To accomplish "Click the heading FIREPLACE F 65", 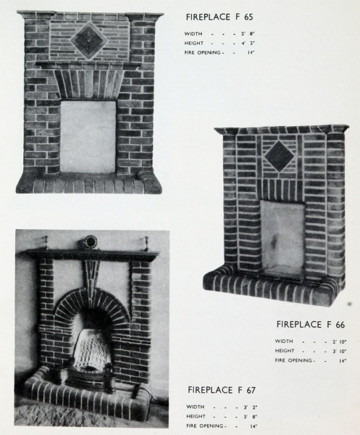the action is point(219,17).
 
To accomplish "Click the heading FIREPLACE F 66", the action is point(311,324).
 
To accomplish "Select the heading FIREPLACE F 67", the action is point(222,390).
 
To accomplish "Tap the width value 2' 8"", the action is point(248,34).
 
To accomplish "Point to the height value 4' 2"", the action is point(248,43).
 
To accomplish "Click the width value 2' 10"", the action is point(339,341).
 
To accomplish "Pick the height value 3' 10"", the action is point(339,351).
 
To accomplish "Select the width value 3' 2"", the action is point(250,407).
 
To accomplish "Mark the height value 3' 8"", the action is point(250,417).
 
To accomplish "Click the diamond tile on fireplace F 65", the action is point(89,41).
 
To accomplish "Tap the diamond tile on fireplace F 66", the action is point(279,156).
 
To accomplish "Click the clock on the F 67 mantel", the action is point(90,242).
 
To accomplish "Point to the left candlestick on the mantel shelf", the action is point(46,243).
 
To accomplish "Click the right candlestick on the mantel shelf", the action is point(146,244).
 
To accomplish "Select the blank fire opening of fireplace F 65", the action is point(88,136).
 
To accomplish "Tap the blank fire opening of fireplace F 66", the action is point(282,239).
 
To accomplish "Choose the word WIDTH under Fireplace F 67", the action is point(196,407).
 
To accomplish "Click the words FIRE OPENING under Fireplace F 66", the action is point(293,360).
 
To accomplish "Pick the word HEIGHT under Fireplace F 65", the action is point(194,43).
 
